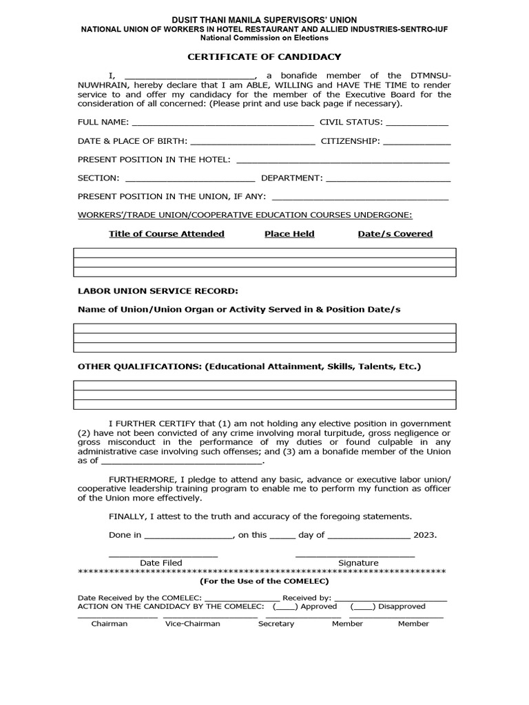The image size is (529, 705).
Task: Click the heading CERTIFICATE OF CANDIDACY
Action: click(264, 56)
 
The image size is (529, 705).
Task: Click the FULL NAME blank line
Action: click(222, 123)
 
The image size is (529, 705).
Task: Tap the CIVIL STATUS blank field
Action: click(417, 123)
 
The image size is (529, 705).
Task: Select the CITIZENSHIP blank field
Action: click(417, 142)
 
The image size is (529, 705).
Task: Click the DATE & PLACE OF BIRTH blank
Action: click(252, 142)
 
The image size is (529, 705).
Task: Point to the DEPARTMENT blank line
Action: click(388, 179)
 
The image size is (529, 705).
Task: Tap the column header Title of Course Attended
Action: click(167, 234)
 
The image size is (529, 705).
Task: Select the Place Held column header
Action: click(289, 234)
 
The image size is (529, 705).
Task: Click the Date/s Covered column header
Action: click(395, 234)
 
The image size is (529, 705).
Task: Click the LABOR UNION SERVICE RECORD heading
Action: click(158, 291)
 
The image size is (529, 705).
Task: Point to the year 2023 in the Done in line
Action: click(425, 535)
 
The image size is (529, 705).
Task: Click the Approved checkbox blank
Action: click(285, 607)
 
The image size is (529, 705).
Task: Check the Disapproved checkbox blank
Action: click(362, 607)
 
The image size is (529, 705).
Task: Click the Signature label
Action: click(358, 563)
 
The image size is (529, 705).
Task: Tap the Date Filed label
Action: click(161, 563)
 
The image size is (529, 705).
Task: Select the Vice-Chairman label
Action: click(193, 624)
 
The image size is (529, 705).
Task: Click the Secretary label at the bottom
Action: click(276, 624)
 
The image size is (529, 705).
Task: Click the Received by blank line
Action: click(391, 598)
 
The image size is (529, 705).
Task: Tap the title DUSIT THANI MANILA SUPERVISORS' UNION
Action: click(264, 20)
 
